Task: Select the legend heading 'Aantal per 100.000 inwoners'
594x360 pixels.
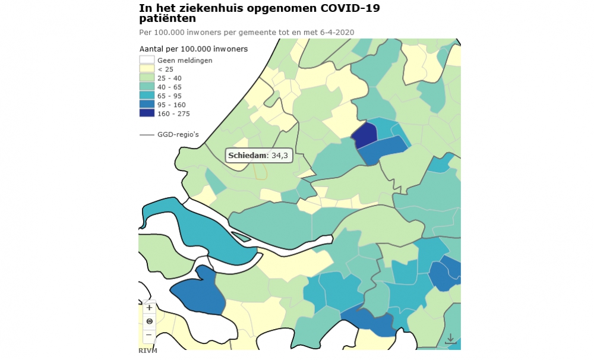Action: click(193, 49)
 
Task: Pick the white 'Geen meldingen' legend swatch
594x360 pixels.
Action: click(147, 60)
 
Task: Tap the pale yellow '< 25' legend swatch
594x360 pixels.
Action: click(147, 69)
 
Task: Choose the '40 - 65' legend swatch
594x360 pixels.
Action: click(147, 87)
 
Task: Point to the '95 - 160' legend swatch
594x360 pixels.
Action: click(147, 105)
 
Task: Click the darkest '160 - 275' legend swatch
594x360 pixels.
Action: click(147, 113)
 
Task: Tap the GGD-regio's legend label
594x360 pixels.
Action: click(178, 135)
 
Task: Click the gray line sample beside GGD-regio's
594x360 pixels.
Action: click(147, 135)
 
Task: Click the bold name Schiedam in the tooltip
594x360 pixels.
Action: click(248, 156)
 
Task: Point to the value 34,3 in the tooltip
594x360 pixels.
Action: click(280, 156)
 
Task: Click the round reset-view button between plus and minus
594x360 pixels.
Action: click(149, 321)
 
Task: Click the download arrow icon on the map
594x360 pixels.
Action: click(450, 339)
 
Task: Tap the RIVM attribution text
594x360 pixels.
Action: click(148, 350)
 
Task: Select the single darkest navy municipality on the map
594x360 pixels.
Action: click(365, 135)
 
